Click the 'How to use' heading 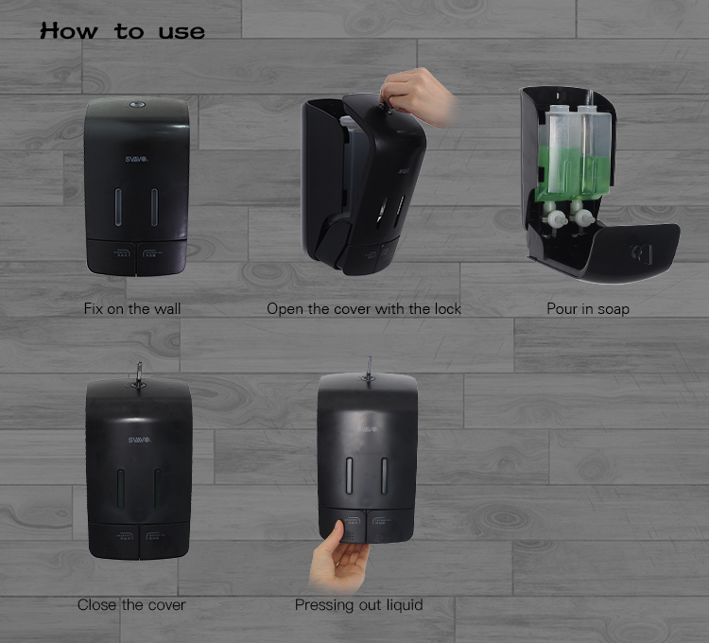123,31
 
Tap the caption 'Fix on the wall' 132,309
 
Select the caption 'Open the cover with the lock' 364,309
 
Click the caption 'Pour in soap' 588,309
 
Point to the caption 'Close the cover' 131,604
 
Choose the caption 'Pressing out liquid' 358,604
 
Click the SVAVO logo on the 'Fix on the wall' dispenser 137,159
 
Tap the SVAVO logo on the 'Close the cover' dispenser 139,440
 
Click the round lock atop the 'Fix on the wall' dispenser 137,105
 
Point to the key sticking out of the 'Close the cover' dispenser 139,374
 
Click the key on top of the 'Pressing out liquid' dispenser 369,370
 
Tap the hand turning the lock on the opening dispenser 416,96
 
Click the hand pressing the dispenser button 338,559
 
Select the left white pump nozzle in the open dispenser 555,218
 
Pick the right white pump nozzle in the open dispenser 582,217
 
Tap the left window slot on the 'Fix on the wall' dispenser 118,207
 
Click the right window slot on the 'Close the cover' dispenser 158,488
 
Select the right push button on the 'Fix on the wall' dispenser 162,257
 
